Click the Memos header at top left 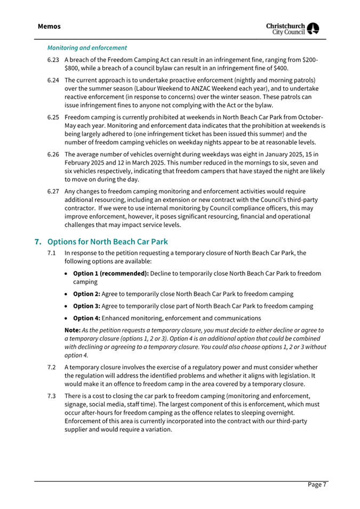(x=49, y=26)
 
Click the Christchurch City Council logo (x=294, y=29)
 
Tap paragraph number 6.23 (x=53, y=60)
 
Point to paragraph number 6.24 (x=53, y=80)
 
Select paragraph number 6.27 (x=53, y=191)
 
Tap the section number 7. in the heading (x=38, y=241)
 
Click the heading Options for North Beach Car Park (x=108, y=241)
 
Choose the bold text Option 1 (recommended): (x=111, y=273)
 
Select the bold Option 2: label (x=86, y=294)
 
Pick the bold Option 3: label (x=86, y=306)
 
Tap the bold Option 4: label (x=86, y=318)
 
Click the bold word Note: (x=73, y=330)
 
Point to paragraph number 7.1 (x=52, y=253)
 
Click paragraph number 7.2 (x=52, y=367)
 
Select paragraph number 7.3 (x=52, y=397)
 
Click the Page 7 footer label (x=316, y=484)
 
